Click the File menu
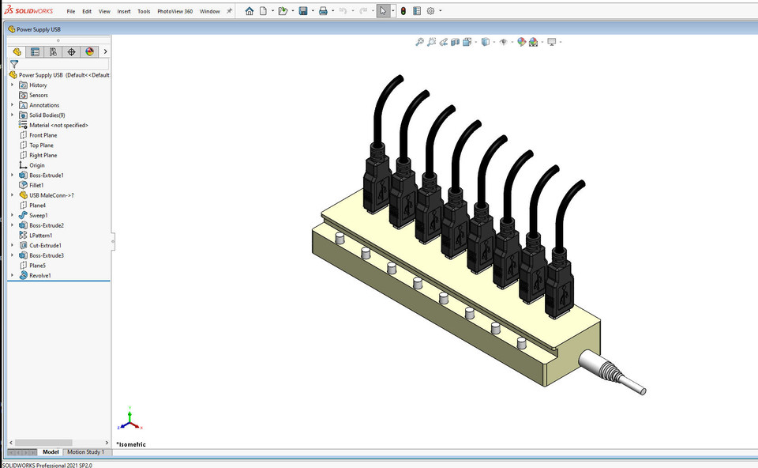tap(71, 12)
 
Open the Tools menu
tap(144, 12)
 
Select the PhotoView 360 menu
tap(174, 12)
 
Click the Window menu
tap(210, 12)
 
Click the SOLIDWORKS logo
tap(29, 11)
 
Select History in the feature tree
tap(38, 85)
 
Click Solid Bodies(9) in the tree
tap(47, 115)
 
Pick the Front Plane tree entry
tap(43, 135)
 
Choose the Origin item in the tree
tap(37, 165)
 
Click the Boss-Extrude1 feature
tap(46, 175)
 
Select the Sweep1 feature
tap(39, 215)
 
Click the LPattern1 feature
tap(41, 236)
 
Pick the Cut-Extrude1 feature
tap(46, 246)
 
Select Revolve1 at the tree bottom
tap(40, 276)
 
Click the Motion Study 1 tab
tap(85, 452)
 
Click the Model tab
tap(51, 452)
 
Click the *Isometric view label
tap(131, 444)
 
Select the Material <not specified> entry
tap(58, 125)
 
